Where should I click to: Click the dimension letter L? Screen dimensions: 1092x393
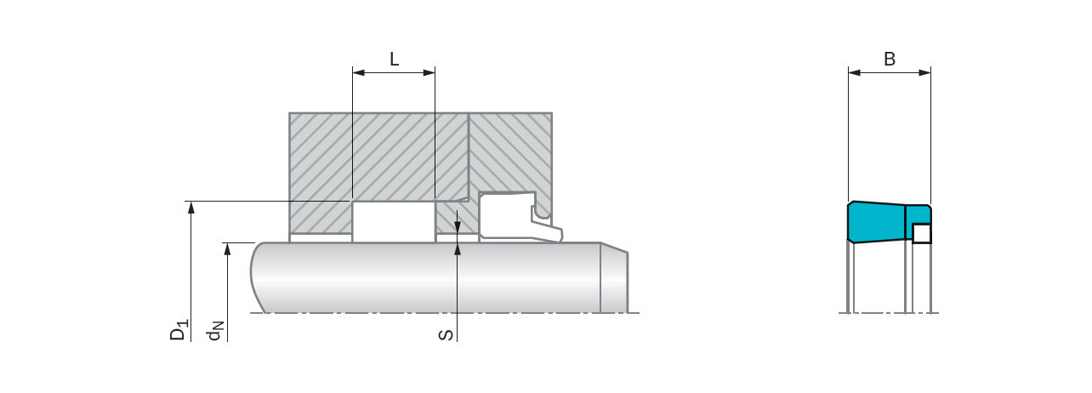(394, 59)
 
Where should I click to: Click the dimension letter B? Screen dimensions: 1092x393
(890, 59)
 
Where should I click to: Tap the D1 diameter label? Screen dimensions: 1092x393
(179, 329)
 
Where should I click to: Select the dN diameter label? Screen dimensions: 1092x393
(215, 330)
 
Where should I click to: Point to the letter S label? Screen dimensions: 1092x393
(446, 335)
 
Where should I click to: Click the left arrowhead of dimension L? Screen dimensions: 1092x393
(359, 72)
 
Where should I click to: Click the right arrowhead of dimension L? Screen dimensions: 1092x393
(429, 72)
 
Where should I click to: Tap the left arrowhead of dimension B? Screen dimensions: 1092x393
(854, 72)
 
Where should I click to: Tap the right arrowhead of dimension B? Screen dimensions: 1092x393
(924, 72)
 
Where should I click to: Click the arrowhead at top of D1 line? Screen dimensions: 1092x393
(191, 208)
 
